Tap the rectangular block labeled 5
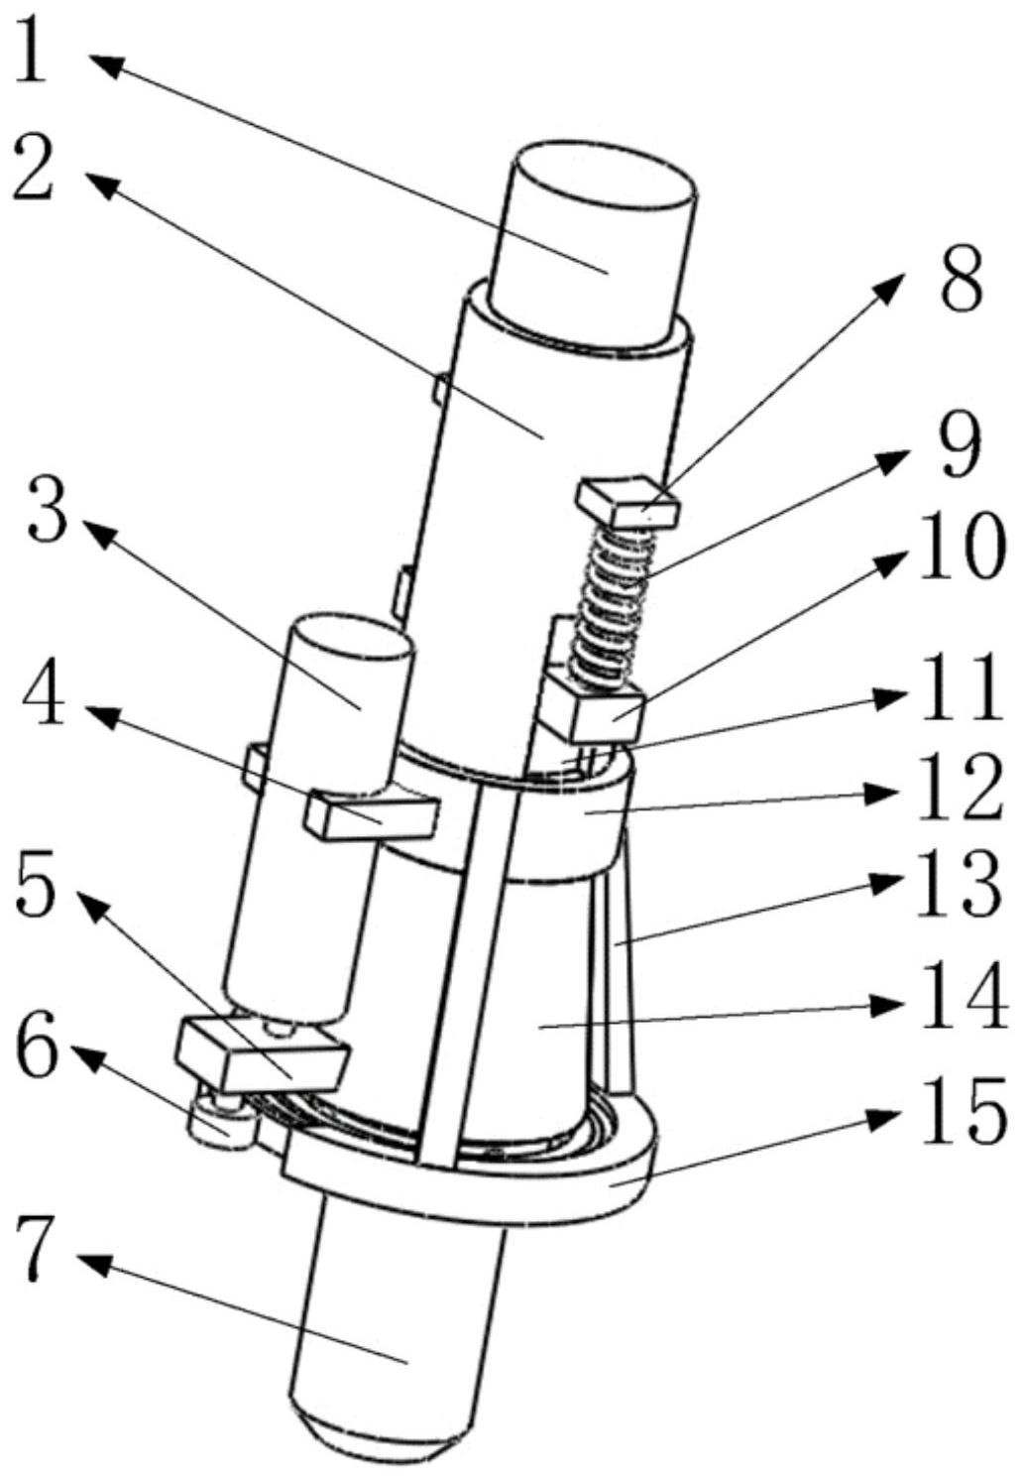tap(262, 1053)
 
